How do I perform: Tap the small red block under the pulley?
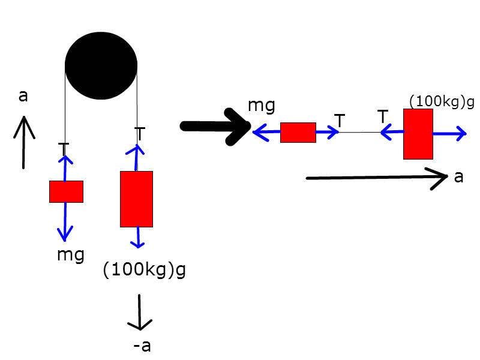pyautogui.click(x=66, y=191)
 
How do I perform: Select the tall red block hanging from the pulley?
pyautogui.click(x=137, y=199)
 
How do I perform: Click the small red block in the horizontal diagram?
pyautogui.click(x=298, y=133)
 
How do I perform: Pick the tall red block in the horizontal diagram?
pyautogui.click(x=418, y=134)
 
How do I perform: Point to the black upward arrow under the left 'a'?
pyautogui.click(x=23, y=143)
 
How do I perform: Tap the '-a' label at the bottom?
pyautogui.click(x=142, y=346)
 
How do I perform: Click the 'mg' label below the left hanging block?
pyautogui.click(x=70, y=254)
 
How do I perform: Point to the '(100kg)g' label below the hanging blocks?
pyautogui.click(x=144, y=270)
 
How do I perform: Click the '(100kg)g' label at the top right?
pyautogui.click(x=441, y=101)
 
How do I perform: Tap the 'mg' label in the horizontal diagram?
pyautogui.click(x=262, y=106)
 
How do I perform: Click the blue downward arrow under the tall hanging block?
pyautogui.click(x=139, y=238)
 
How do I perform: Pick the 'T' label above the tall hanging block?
pyautogui.click(x=140, y=134)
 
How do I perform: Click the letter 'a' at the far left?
pyautogui.click(x=23, y=95)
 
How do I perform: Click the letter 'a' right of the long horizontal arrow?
pyautogui.click(x=458, y=176)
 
